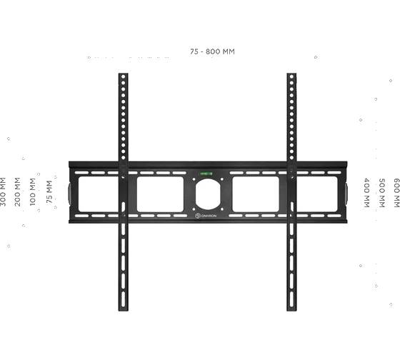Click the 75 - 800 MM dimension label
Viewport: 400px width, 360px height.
[x=212, y=51]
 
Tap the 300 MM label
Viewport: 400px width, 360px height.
[x=3, y=192]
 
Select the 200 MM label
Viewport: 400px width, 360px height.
[x=17, y=192]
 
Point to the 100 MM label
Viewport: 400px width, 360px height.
[x=32, y=192]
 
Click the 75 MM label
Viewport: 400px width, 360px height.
[x=49, y=192]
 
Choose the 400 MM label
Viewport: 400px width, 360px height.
[x=366, y=193]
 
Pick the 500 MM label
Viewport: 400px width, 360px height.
[x=381, y=193]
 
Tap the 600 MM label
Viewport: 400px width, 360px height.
[x=396, y=193]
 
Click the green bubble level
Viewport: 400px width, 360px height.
[x=206, y=174]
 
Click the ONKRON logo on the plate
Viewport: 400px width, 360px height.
[x=206, y=216]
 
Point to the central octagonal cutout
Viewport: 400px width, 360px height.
[x=208, y=194]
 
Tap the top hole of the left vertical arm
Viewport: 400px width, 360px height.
[x=123, y=76]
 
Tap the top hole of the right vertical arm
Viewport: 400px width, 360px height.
[x=291, y=76]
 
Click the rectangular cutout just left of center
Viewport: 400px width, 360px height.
[x=160, y=194]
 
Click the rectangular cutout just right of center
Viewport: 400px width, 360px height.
[x=256, y=194]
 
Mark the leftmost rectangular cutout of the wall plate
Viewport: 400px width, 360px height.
[x=99, y=194]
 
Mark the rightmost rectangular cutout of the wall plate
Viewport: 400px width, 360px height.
[x=317, y=194]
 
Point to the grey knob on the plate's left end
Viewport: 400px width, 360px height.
[x=69, y=194]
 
